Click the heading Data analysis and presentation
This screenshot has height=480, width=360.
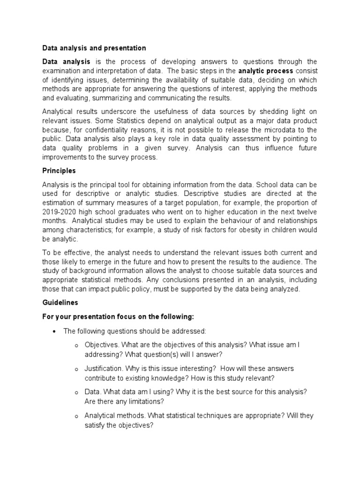point(94,48)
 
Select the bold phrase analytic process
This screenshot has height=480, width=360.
point(266,71)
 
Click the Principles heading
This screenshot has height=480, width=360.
point(59,171)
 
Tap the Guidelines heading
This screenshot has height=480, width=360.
point(60,303)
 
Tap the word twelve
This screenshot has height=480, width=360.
point(306,211)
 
